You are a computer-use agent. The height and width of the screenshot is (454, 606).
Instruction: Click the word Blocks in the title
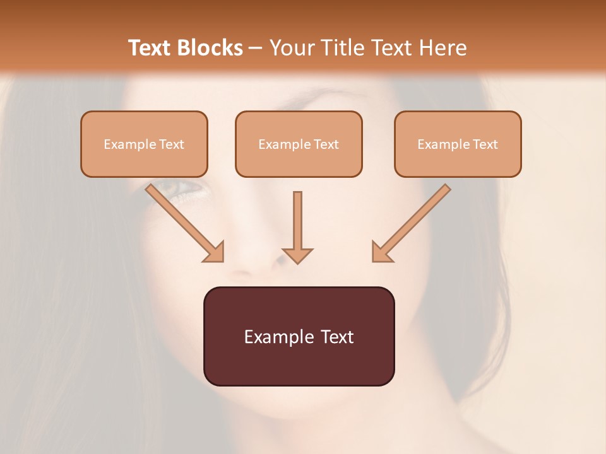[211, 48]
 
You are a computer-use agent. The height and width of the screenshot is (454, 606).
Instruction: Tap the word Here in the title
[443, 48]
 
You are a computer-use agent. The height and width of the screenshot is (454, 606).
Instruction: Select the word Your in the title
[290, 48]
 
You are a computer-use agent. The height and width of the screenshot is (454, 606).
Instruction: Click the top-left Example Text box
[144, 144]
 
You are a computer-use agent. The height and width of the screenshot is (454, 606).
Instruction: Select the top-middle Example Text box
[299, 144]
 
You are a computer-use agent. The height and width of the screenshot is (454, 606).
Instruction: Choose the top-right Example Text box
[458, 144]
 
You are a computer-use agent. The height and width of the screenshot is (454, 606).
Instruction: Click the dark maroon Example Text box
[299, 336]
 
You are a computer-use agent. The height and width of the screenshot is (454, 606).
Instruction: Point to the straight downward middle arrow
[297, 224]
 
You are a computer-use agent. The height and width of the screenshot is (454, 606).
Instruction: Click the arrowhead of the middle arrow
[297, 255]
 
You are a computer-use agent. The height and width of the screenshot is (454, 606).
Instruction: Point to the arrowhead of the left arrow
[215, 252]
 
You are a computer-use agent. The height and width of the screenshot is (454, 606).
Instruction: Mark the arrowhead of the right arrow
[381, 252]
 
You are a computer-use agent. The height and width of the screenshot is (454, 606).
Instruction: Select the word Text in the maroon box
[338, 337]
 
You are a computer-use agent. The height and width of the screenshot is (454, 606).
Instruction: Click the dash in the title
[255, 48]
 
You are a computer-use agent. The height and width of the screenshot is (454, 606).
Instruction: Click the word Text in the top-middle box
[326, 144]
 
